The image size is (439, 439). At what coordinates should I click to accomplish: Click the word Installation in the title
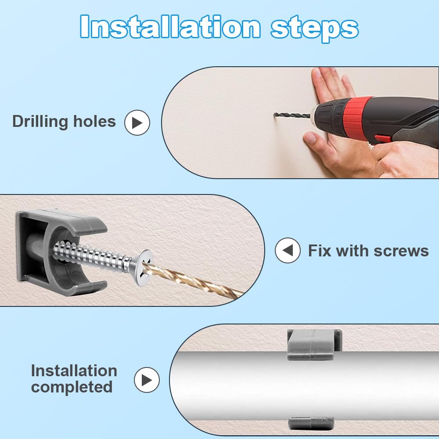click(x=170, y=26)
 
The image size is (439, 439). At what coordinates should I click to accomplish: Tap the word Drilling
click(x=40, y=122)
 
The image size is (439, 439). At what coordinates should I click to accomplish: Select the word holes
click(x=94, y=121)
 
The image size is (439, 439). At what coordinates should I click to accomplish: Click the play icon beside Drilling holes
click(x=137, y=122)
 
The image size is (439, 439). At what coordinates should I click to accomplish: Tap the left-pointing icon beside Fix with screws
click(x=288, y=250)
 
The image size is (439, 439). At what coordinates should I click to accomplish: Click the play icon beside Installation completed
click(x=147, y=380)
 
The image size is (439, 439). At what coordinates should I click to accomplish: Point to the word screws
click(x=401, y=251)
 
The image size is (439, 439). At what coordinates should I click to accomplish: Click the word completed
click(x=72, y=388)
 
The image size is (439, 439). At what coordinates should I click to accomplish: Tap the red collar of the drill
click(x=357, y=119)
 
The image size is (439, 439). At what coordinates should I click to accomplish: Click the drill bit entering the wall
click(x=292, y=115)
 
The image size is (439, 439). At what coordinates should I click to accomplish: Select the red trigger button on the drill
click(x=383, y=138)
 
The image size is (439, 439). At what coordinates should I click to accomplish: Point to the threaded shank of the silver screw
click(x=92, y=256)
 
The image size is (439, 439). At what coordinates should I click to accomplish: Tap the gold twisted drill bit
click(x=193, y=281)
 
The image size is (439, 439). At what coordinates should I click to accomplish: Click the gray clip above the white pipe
click(x=314, y=344)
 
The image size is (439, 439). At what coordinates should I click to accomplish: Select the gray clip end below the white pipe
click(x=311, y=423)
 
